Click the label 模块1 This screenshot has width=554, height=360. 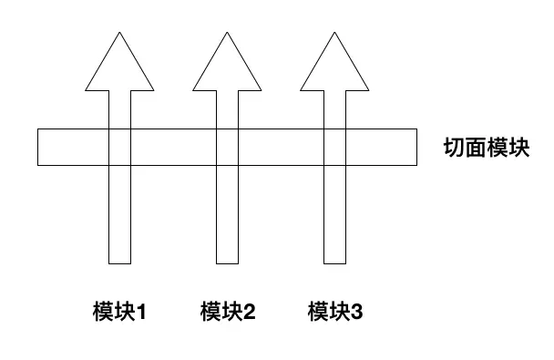pos(119,313)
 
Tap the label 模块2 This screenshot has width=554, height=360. pos(228,313)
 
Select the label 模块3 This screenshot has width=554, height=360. pos(335,313)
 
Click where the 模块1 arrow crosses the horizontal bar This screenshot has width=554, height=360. pos(120,148)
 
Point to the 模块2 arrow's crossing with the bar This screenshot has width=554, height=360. pos(228,148)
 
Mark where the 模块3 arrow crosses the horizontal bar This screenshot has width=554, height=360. pos(335,148)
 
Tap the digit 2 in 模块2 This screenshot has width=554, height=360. pos(250,313)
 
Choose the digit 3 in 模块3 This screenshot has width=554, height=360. pos(357,313)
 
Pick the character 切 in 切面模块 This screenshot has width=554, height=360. pos(452,147)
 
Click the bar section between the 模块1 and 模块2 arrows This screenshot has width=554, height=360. pos(174,148)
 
